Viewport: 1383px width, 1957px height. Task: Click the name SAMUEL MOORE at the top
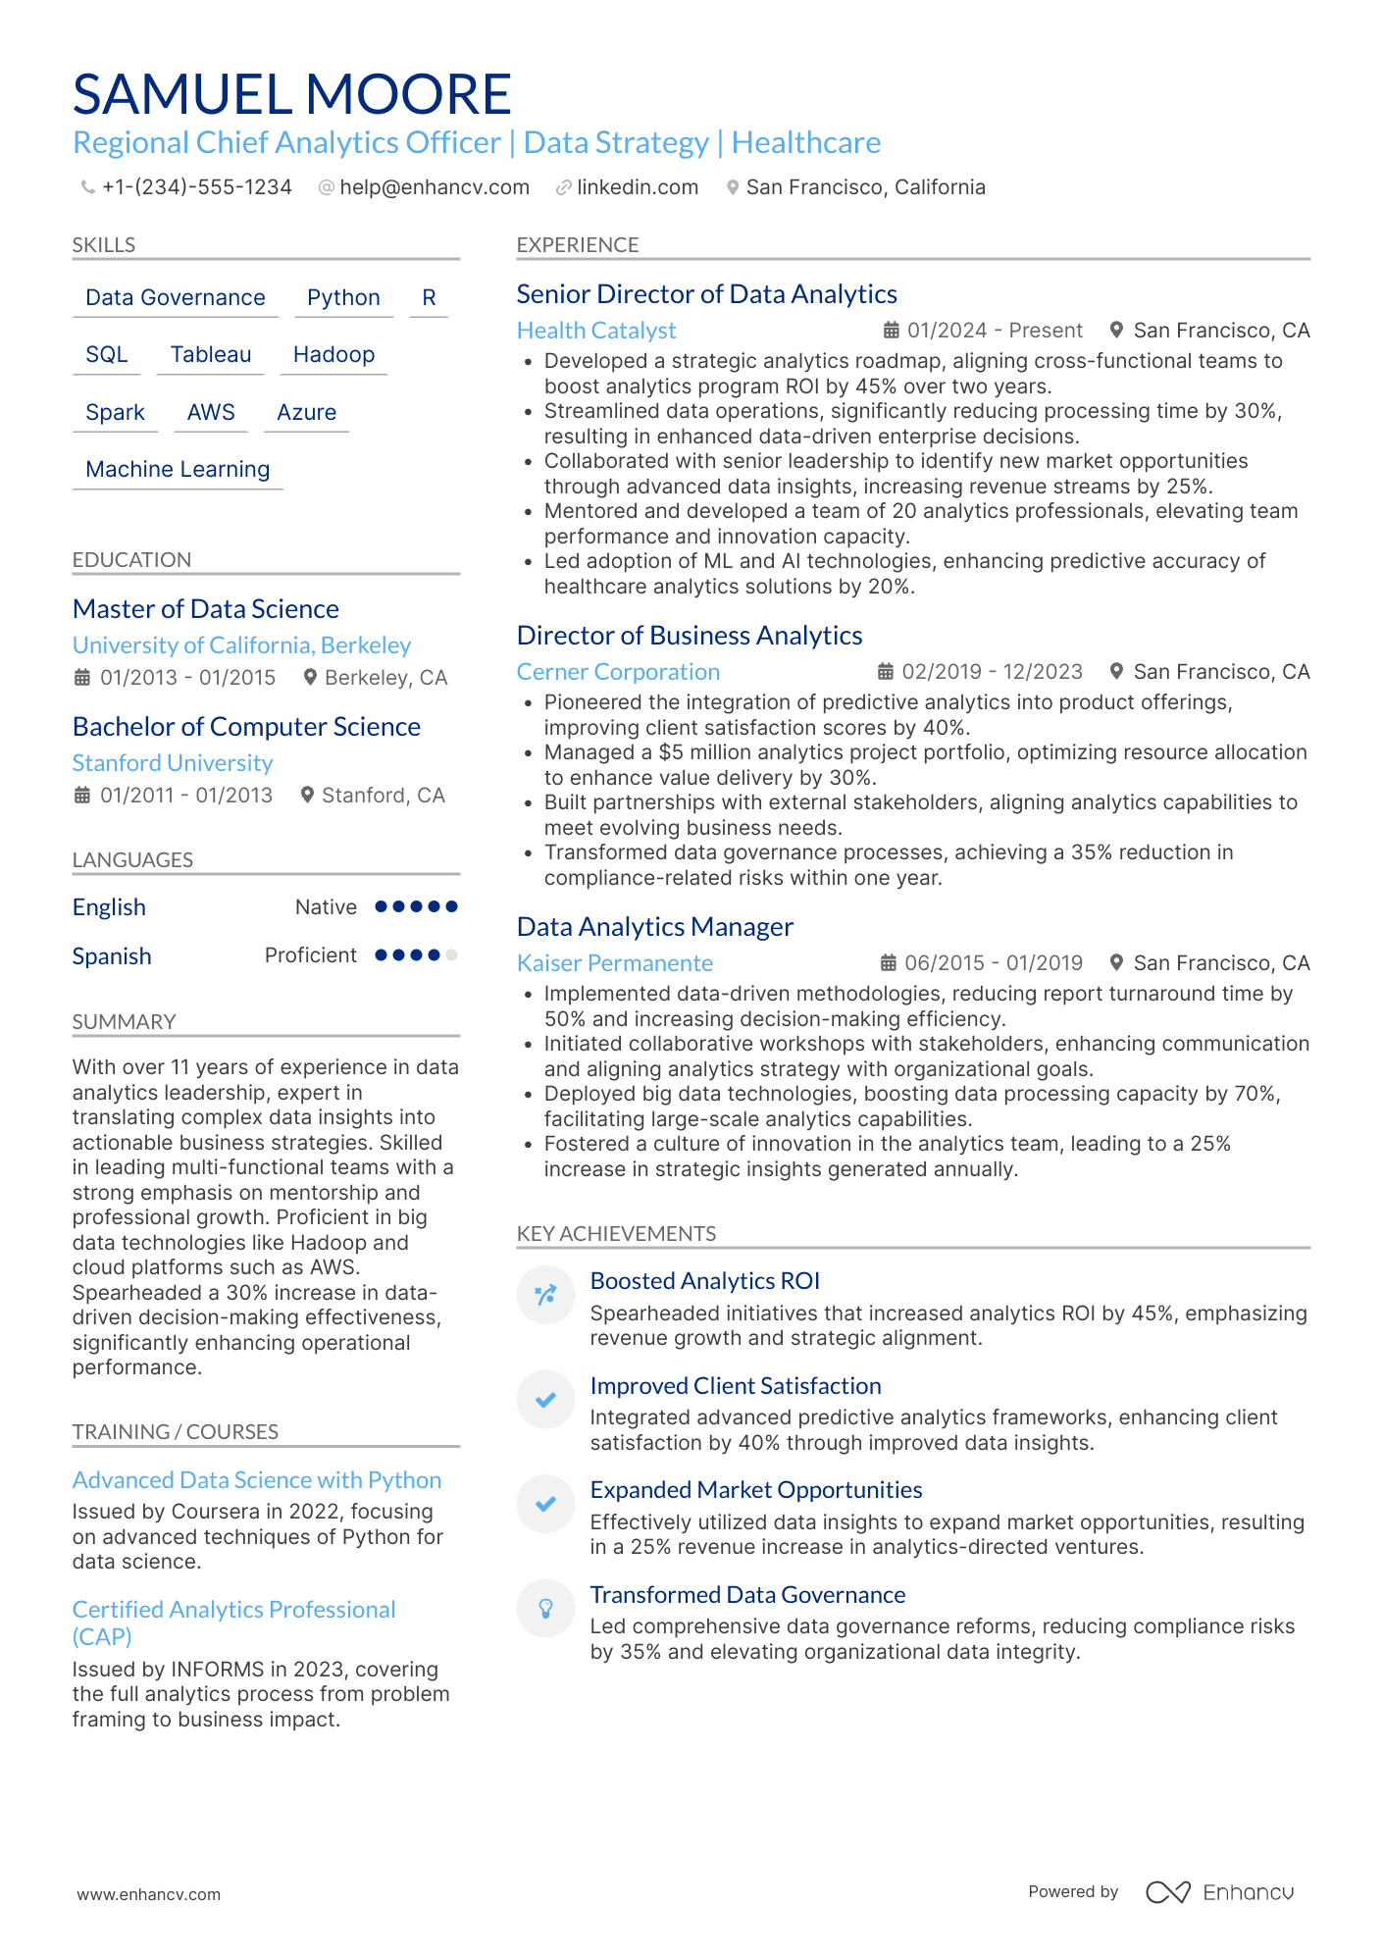click(291, 94)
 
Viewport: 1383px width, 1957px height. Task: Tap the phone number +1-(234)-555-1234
click(196, 187)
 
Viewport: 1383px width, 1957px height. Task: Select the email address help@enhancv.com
click(434, 187)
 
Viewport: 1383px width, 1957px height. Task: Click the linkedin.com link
click(637, 187)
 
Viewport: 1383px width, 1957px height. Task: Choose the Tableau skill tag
click(211, 354)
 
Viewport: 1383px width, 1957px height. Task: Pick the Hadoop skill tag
click(333, 354)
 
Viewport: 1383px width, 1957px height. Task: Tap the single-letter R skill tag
click(429, 297)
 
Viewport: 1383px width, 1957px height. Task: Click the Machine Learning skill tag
click(178, 469)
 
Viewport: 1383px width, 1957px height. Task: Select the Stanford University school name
click(173, 763)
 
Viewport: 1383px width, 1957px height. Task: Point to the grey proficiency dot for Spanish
click(451, 954)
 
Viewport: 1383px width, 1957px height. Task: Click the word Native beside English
click(326, 907)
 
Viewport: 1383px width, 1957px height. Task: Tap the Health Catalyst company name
click(596, 331)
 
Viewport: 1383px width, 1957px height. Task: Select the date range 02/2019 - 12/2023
click(992, 672)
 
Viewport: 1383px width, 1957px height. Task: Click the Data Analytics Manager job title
click(654, 927)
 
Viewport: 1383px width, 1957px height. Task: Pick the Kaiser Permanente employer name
click(615, 963)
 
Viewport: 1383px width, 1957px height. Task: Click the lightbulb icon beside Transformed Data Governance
click(545, 1608)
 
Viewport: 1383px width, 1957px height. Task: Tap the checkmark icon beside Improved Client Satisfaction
click(545, 1399)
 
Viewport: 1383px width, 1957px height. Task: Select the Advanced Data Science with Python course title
click(257, 1480)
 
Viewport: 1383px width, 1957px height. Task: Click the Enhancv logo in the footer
click(1220, 1892)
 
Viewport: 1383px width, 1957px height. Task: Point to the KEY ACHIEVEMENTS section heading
click(616, 1233)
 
